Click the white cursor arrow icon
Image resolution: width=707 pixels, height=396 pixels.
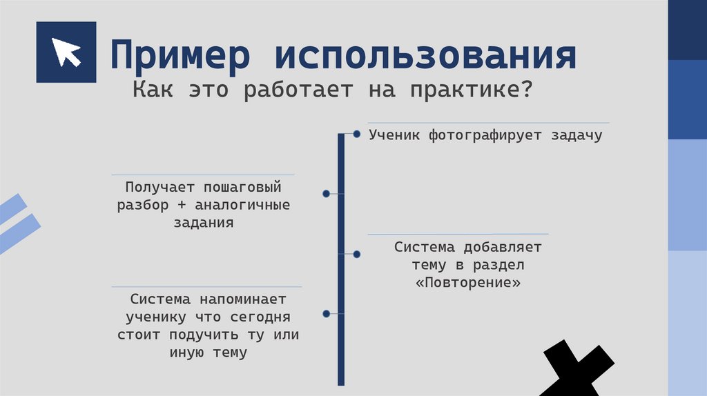[66, 52]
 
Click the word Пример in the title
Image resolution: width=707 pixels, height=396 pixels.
[179, 57]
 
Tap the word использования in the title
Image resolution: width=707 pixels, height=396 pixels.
[425, 57]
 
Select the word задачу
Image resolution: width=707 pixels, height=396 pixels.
[576, 135]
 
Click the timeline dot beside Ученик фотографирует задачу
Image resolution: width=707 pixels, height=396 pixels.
[357, 134]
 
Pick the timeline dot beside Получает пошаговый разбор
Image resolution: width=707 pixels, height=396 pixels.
[326, 194]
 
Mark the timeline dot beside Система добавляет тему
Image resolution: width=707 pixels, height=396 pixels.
[357, 254]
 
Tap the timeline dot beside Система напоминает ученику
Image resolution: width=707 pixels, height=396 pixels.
[326, 314]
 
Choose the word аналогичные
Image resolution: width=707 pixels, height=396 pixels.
[242, 205]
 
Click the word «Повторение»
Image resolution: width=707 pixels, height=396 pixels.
[468, 283]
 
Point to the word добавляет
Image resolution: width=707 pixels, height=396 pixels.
[502, 247]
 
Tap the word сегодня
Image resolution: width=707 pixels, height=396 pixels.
[256, 318]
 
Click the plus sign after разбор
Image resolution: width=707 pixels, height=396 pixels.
[181, 205]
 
